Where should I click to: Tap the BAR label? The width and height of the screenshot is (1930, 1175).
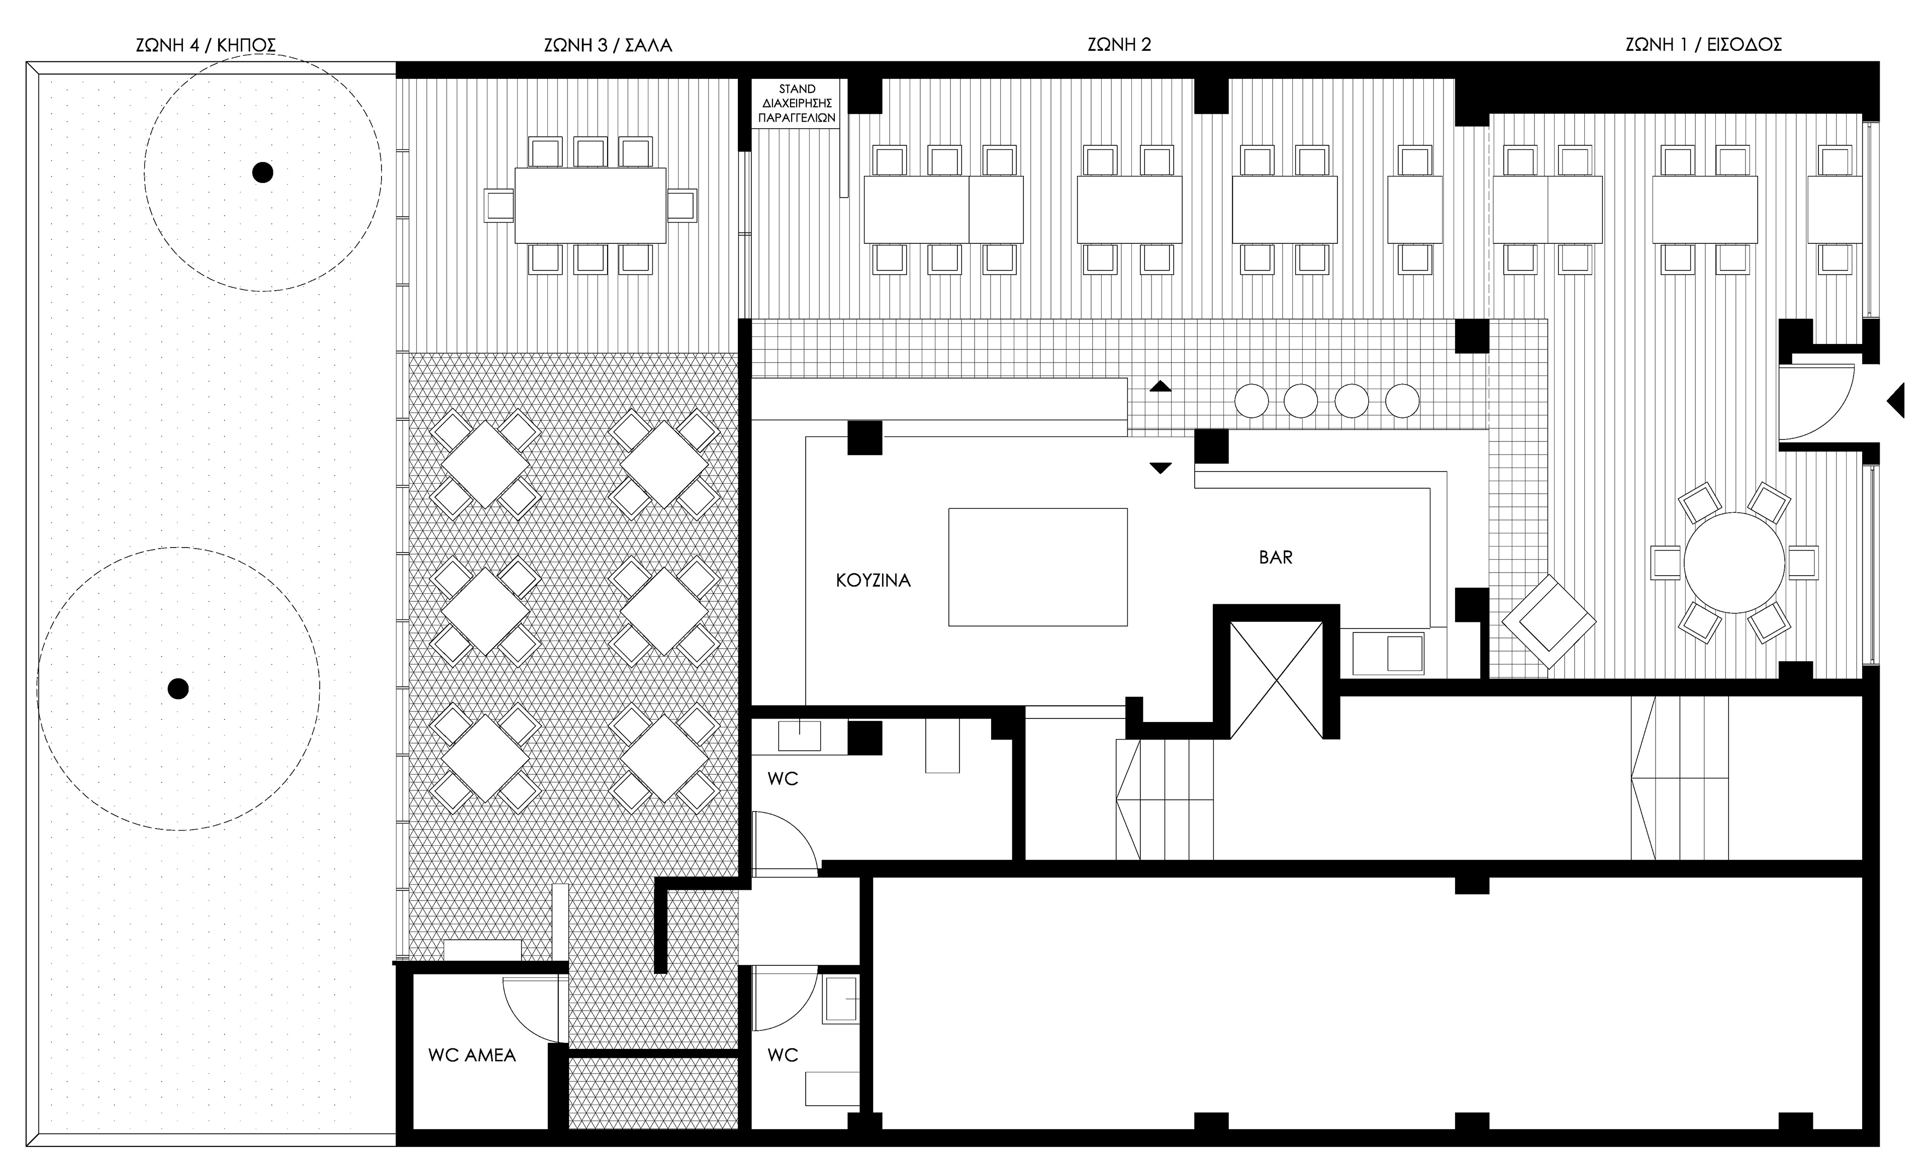(x=1275, y=558)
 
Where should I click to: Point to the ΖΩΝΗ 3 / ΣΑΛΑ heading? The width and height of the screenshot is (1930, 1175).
(x=608, y=45)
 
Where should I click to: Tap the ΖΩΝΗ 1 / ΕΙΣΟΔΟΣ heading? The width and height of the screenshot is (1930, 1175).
(x=1703, y=45)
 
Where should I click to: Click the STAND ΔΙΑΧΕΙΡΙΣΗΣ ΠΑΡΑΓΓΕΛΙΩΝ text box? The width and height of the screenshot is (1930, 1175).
(x=797, y=104)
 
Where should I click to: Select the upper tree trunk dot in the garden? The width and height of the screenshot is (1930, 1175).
(x=262, y=172)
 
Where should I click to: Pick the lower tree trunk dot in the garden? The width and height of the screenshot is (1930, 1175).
(x=178, y=688)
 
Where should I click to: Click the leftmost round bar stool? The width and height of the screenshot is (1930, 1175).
(x=1251, y=401)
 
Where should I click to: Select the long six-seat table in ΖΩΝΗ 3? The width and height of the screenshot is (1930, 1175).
(x=590, y=205)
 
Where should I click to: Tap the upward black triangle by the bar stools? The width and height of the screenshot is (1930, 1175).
(x=1160, y=386)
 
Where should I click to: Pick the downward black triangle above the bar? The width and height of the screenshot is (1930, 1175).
(x=1160, y=468)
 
